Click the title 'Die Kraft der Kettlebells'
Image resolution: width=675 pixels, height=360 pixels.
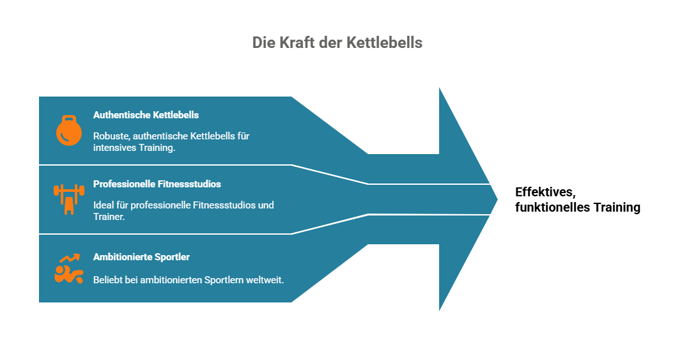point(337,43)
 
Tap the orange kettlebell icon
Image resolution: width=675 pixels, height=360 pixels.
point(69,130)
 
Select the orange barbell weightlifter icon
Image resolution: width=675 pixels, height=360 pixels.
point(69,200)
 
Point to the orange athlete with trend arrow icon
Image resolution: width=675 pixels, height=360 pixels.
point(69,269)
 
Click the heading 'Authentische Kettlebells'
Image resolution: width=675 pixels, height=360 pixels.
point(146,115)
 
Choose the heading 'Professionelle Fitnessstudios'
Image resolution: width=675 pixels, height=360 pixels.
point(157,184)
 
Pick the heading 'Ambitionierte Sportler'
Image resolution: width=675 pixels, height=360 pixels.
point(141,256)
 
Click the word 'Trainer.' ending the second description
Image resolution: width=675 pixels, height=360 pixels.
point(109,217)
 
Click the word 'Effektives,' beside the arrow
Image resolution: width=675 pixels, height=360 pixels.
point(545,192)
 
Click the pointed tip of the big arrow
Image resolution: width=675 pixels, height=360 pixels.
point(497,199)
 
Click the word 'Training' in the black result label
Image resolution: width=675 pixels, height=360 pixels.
point(617,208)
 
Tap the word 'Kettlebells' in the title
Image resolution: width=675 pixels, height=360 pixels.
point(384,43)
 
